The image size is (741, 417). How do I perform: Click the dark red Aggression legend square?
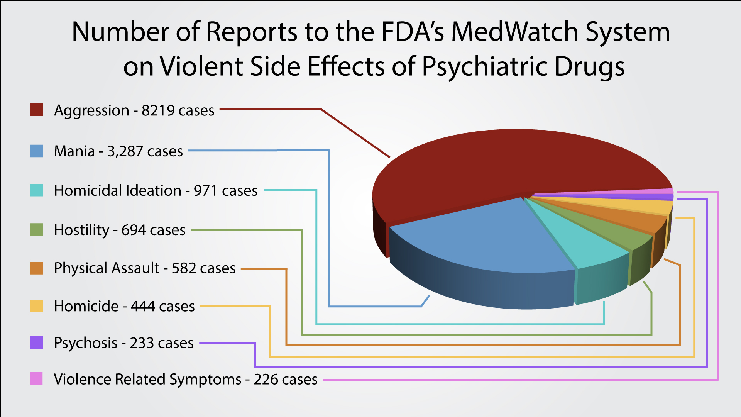tap(37, 110)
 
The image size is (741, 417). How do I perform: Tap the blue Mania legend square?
tap(37, 151)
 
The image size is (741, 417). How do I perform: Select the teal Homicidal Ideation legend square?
tap(37, 190)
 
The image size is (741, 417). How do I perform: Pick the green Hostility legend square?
tap(37, 230)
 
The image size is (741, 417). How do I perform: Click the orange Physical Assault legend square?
tap(37, 268)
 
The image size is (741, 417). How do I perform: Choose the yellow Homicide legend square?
tap(37, 306)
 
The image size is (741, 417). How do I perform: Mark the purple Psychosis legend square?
tap(37, 342)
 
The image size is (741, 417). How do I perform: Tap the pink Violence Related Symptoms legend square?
tap(37, 378)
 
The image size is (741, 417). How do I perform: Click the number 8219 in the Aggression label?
tap(158, 110)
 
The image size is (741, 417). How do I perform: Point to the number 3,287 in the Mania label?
tap(125, 151)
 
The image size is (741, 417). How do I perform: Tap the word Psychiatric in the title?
tap(484, 66)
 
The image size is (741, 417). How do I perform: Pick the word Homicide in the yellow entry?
tap(86, 306)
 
